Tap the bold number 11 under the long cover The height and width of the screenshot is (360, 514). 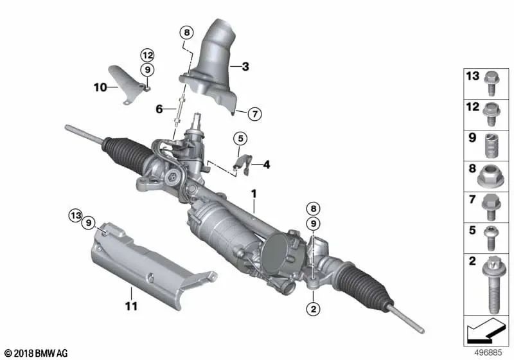pyautogui.click(x=131, y=307)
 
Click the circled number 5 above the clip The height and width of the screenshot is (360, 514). pyautogui.click(x=239, y=138)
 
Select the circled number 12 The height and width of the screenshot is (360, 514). pyautogui.click(x=147, y=56)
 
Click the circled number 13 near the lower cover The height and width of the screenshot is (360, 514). pyautogui.click(x=76, y=214)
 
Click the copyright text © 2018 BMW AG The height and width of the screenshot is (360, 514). pyautogui.click(x=35, y=353)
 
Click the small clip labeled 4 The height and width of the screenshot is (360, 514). pyautogui.click(x=239, y=163)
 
